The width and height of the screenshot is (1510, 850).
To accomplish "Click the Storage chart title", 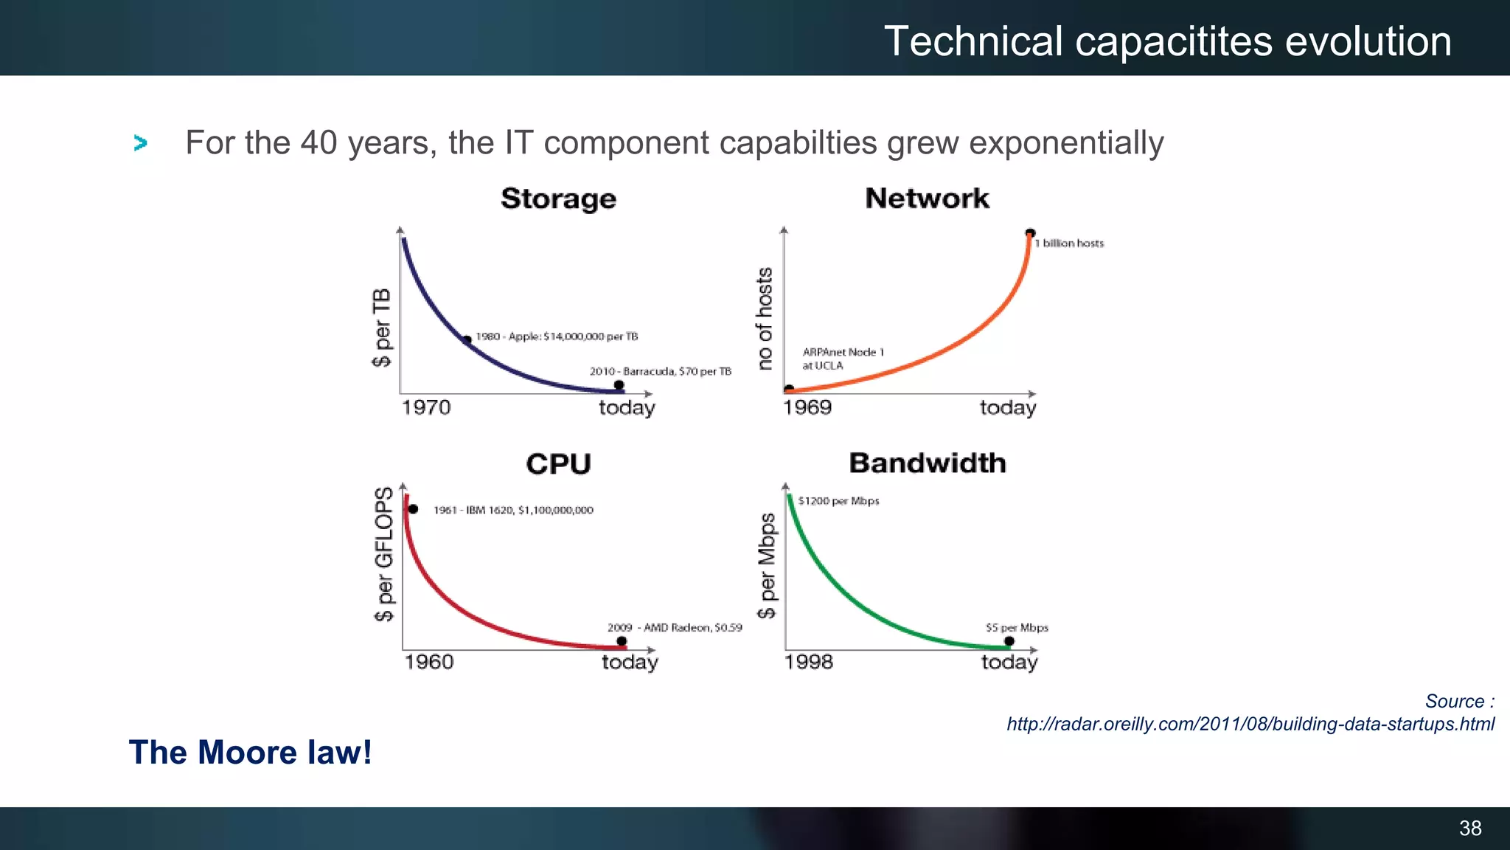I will pos(558,199).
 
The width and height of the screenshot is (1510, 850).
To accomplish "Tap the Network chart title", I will pos(927,198).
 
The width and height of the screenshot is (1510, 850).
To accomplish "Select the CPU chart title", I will pos(558,464).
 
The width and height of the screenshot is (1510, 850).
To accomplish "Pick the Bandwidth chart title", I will pos(928,463).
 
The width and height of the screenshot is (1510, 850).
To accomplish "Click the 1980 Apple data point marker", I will pos(467,340).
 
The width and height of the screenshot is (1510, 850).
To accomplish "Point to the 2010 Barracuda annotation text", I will pos(660,371).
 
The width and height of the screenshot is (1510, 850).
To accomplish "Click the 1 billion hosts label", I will pos(1069,243).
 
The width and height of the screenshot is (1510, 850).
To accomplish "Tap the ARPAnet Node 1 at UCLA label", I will pos(842,359).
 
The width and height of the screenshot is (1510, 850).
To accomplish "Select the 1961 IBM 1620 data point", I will pos(413,509).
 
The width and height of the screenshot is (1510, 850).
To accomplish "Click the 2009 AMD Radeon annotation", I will pos(674,628).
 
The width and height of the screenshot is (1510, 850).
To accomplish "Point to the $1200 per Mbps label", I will pos(838,501).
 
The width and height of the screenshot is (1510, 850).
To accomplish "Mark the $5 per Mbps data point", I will pos(1009,641).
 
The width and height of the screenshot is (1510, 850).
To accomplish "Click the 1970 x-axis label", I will pos(426,407).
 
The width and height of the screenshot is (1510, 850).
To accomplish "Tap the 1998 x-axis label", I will pos(809,662).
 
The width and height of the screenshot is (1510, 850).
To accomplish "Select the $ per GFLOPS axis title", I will pos(384,553).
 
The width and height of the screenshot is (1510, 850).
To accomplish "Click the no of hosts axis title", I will pos(765,318).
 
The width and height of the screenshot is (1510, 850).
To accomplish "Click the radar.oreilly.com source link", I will pos(1250,724).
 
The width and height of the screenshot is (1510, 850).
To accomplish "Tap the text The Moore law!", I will pos(250,753).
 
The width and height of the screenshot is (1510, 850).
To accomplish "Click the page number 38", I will pos(1470,828).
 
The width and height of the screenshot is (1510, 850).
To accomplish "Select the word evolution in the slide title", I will pos(1368,41).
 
